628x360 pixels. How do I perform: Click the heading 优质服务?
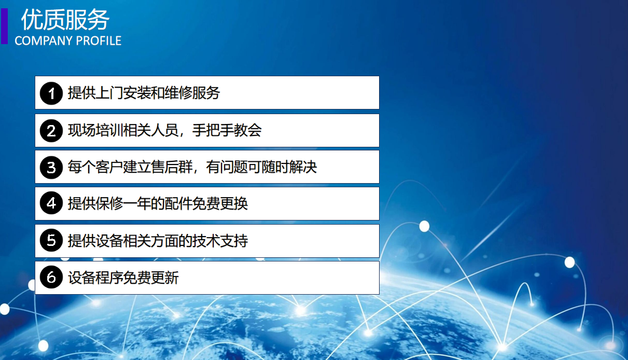(x=65, y=19)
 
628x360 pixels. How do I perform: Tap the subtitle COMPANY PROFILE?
(x=68, y=41)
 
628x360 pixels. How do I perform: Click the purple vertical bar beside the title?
(x=4, y=26)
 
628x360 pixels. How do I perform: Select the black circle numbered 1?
(x=51, y=93)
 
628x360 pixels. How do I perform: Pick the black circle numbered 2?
(x=51, y=131)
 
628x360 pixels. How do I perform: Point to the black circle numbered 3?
(x=51, y=168)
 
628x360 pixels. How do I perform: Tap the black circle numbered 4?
(x=51, y=203)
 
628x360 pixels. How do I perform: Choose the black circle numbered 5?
(x=51, y=240)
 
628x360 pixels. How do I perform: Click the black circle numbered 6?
(x=51, y=277)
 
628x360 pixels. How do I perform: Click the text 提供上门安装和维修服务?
(x=144, y=93)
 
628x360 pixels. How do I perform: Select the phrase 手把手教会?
(x=227, y=130)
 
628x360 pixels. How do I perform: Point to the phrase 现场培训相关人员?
(x=123, y=130)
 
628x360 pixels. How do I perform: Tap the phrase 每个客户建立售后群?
(x=130, y=167)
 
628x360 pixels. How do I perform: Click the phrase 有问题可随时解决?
(x=261, y=167)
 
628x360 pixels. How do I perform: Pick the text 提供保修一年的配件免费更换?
(x=158, y=203)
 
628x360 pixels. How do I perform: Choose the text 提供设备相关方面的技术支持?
(x=158, y=241)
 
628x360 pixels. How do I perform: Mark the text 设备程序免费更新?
(x=123, y=278)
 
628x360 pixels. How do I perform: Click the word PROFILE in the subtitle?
(x=99, y=41)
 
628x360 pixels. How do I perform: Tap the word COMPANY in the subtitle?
(x=44, y=41)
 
